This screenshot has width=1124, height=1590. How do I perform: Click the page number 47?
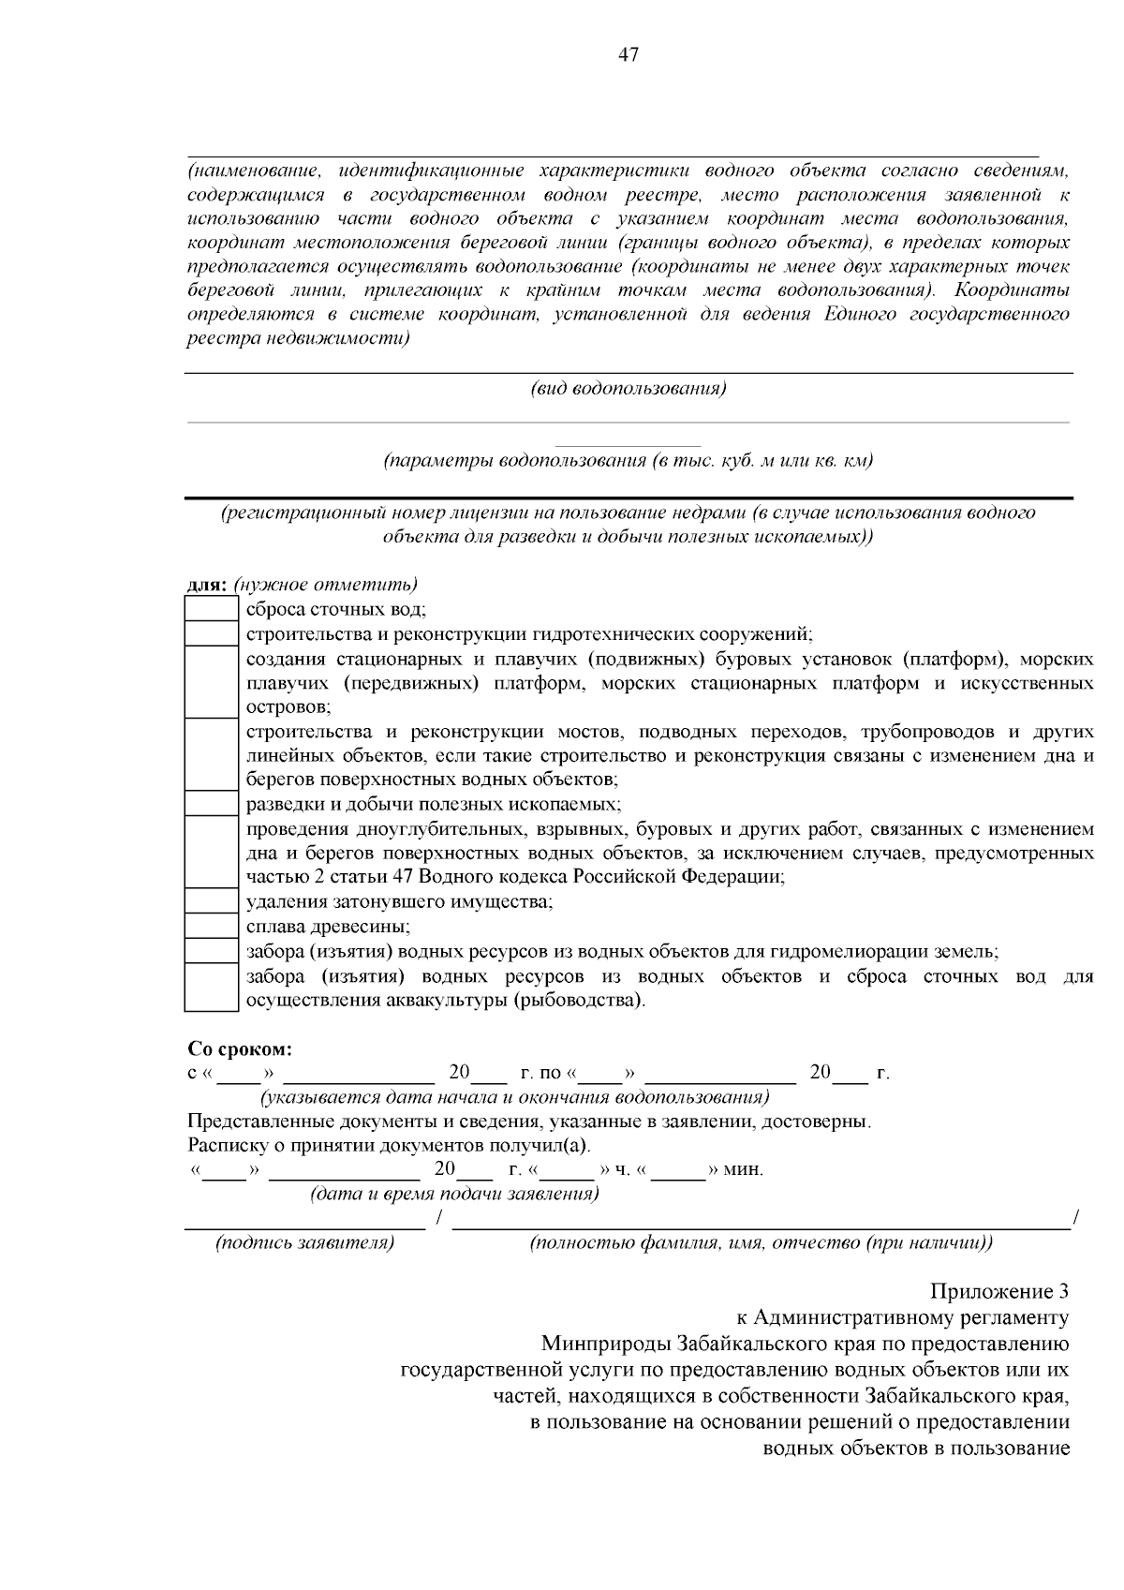(x=629, y=55)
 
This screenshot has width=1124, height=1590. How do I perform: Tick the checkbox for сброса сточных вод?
(x=211, y=609)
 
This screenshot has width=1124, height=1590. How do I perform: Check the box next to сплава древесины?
(x=211, y=926)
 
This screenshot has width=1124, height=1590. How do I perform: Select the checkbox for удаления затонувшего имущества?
(x=211, y=901)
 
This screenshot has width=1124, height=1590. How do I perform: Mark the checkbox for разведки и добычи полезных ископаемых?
(x=211, y=804)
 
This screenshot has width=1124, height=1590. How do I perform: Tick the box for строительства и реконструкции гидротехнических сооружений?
(x=211, y=633)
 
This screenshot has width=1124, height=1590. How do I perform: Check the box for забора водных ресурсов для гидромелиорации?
(x=211, y=951)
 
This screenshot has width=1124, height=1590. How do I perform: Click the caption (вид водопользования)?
(x=629, y=388)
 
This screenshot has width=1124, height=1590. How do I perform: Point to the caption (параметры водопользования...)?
(x=629, y=461)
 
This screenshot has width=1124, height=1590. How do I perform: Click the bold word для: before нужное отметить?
(x=207, y=585)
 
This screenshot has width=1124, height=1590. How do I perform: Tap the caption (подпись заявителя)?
(x=304, y=1243)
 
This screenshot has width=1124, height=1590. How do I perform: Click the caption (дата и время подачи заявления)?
(x=454, y=1194)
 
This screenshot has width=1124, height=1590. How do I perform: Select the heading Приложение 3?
(x=999, y=1292)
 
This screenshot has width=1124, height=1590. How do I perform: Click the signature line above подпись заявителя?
(x=304, y=1225)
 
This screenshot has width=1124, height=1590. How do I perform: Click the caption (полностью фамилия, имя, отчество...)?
(x=761, y=1243)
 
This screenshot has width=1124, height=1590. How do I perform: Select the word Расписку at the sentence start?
(x=225, y=1145)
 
